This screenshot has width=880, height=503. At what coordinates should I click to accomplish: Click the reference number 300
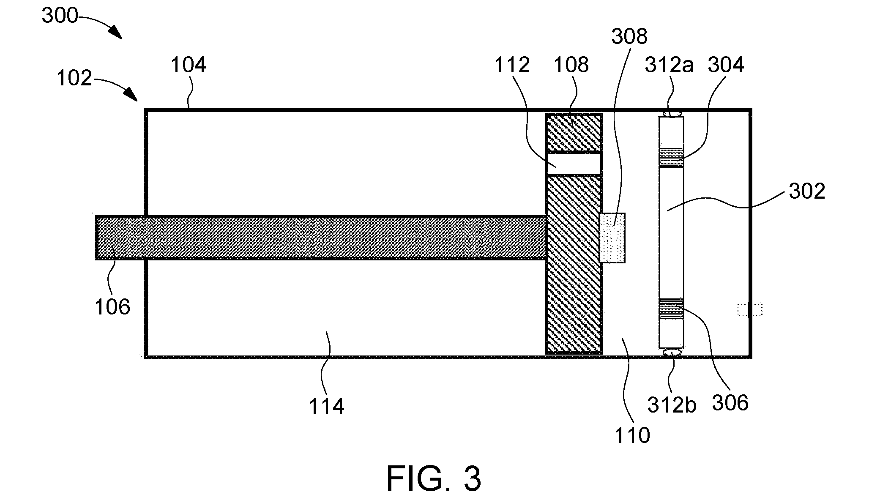pyautogui.click(x=60, y=16)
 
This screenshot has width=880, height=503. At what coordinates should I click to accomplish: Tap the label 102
pyautogui.click(x=74, y=78)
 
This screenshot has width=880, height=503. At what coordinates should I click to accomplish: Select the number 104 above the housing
pyautogui.click(x=189, y=65)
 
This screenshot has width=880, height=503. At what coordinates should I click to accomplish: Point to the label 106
pyautogui.click(x=112, y=307)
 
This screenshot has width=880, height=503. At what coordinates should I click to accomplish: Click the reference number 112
pyautogui.click(x=512, y=65)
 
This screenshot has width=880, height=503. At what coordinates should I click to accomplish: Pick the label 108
pyautogui.click(x=571, y=65)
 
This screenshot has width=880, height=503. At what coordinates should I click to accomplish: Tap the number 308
pyautogui.click(x=629, y=37)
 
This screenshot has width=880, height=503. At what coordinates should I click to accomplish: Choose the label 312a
pyautogui.click(x=669, y=65)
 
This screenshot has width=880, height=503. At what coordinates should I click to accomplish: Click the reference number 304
pyautogui.click(x=726, y=65)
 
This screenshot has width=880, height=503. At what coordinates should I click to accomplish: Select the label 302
pyautogui.click(x=807, y=191)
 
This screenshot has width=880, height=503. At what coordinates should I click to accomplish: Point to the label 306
pyautogui.click(x=730, y=403)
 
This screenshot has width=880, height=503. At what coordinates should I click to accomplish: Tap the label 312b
pyautogui.click(x=672, y=405)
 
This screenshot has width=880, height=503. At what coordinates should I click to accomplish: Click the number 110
pyautogui.click(x=632, y=435)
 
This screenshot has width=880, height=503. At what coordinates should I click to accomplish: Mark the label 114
pyautogui.click(x=327, y=407)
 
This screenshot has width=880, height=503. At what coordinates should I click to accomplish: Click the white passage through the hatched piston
pyautogui.click(x=574, y=164)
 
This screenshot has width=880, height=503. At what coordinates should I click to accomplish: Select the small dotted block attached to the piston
pyautogui.click(x=612, y=238)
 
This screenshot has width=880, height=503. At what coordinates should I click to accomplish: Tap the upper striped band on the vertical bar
pyautogui.click(x=671, y=157)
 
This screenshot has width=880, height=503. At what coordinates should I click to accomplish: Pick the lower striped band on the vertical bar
pyautogui.click(x=671, y=309)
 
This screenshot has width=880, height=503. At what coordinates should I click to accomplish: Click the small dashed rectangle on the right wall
pyautogui.click(x=750, y=310)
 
